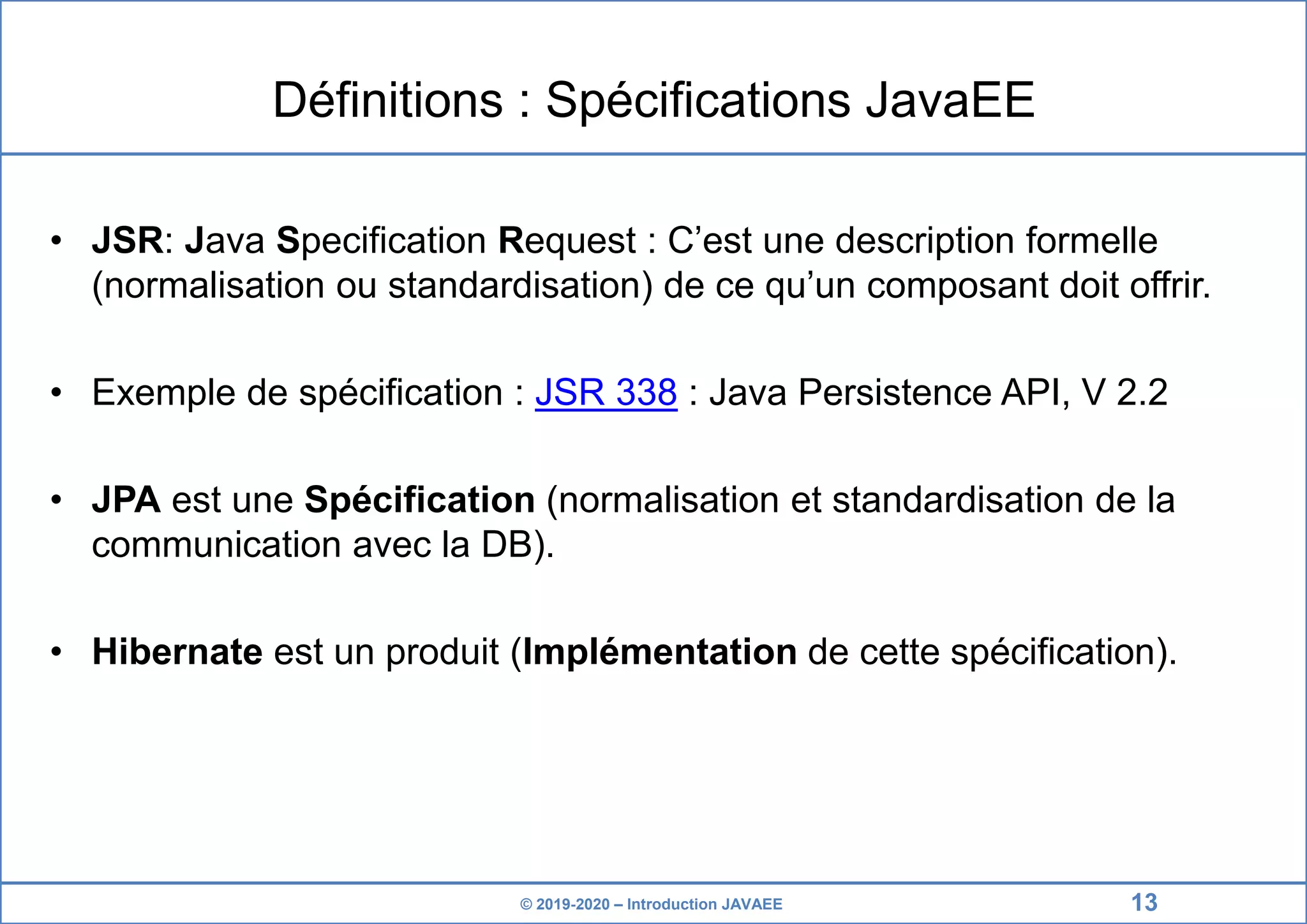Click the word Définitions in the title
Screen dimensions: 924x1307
pyautogui.click(x=387, y=100)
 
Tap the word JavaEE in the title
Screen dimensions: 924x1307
pyautogui.click(x=950, y=100)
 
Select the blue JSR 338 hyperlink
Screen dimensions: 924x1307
pyautogui.click(x=606, y=392)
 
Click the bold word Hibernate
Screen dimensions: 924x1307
pyautogui.click(x=177, y=652)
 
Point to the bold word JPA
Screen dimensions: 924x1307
pyautogui.click(x=126, y=500)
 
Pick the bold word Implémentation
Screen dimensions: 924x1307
pyautogui.click(x=659, y=652)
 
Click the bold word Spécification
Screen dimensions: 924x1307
pyautogui.click(x=419, y=500)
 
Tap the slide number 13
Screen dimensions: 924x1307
pyautogui.click(x=1144, y=902)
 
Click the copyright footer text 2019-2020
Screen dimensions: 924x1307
pyautogui.click(x=572, y=904)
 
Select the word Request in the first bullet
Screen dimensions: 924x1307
pyautogui.click(x=567, y=241)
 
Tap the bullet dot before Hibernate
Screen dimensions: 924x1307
pyautogui.click(x=57, y=652)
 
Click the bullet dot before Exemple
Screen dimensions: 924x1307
pyautogui.click(x=57, y=392)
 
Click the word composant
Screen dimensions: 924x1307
pyautogui.click(x=957, y=285)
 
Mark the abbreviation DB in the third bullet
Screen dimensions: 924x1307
pyautogui.click(x=506, y=545)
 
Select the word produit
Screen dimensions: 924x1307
pyautogui.click(x=442, y=653)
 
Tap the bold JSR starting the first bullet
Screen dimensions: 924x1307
pyautogui.click(x=127, y=241)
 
